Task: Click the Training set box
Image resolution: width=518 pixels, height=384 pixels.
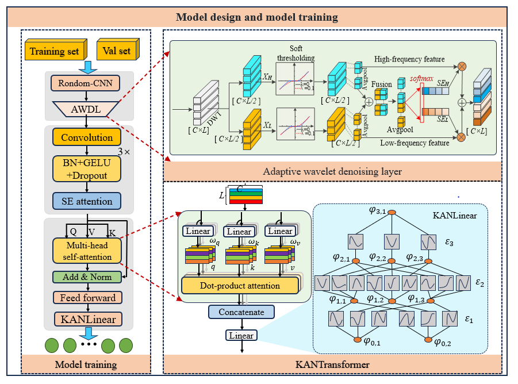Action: point(54,51)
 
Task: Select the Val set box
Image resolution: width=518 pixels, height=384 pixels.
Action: point(116,51)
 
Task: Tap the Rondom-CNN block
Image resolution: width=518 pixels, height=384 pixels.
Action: point(85,84)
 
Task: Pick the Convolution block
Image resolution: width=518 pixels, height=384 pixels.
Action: point(87,138)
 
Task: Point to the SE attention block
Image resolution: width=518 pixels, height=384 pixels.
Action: point(87,201)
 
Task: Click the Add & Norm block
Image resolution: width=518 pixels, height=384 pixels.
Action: point(87,277)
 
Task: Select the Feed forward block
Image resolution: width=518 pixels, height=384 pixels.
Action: point(87,298)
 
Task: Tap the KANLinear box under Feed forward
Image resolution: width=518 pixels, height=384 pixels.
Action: point(87,319)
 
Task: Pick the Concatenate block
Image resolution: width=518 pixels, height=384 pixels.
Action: point(241,312)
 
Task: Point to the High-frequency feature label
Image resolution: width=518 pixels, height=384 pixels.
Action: point(409,59)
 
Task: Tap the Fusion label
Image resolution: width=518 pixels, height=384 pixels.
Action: point(382,85)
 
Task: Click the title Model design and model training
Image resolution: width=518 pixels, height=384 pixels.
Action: point(257,16)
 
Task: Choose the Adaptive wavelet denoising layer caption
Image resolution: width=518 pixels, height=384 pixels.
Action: point(332,171)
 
